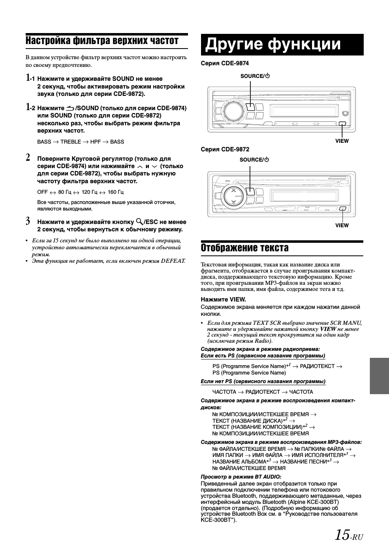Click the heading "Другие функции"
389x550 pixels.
tap(272, 44)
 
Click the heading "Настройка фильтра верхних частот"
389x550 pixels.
tap(102, 41)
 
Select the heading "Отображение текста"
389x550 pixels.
tap(245, 248)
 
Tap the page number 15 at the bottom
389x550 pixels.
tap(342, 534)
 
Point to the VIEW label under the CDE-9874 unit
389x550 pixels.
tap(342, 141)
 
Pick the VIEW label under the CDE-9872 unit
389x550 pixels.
tap(342, 225)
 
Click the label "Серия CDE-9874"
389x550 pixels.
tap(225, 63)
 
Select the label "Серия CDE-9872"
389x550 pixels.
tap(225, 149)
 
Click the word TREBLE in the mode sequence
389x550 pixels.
tap(71, 142)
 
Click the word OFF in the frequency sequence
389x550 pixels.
tap(42, 192)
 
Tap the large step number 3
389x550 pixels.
tap(28, 222)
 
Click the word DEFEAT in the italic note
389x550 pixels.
tap(173, 260)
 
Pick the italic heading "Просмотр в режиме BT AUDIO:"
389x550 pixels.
tap(241, 477)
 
